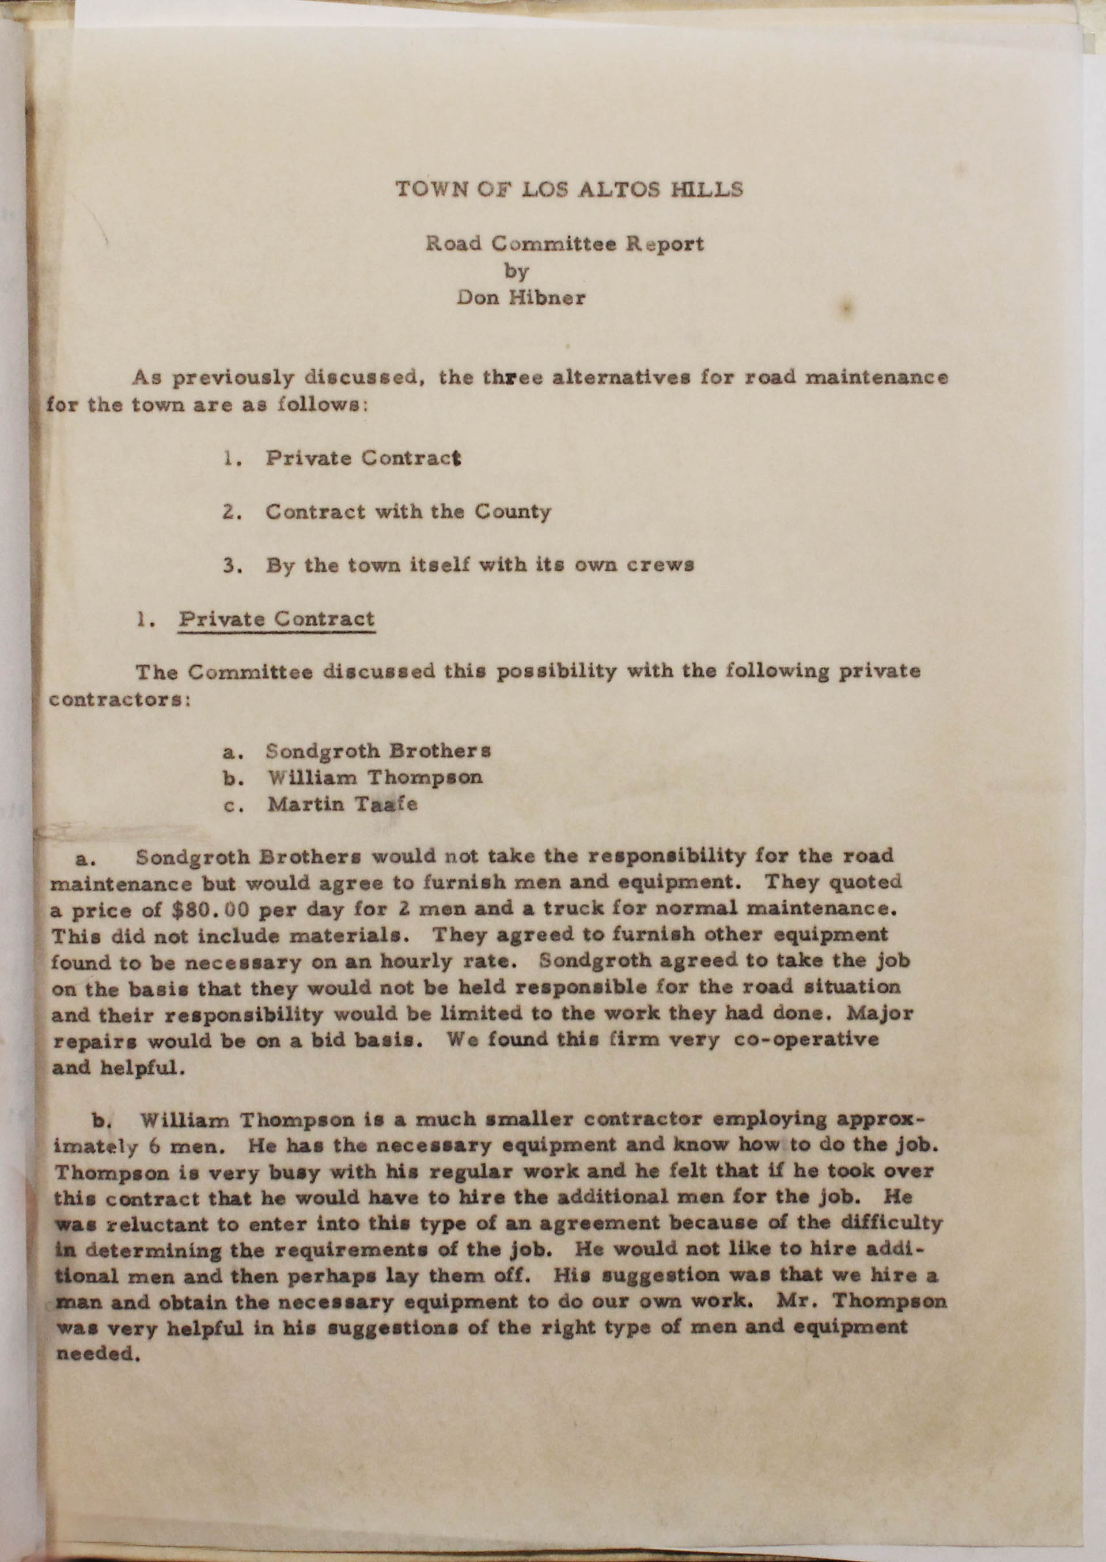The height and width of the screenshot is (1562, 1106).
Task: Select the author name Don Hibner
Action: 521,298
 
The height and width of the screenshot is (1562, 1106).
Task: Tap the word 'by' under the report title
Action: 516,271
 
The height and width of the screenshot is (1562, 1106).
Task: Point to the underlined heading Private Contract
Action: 276,619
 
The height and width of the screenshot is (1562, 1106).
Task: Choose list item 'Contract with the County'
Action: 408,511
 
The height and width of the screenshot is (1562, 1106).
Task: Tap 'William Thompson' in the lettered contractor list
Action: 375,777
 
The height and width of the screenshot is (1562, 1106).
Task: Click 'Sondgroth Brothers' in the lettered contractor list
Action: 378,751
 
